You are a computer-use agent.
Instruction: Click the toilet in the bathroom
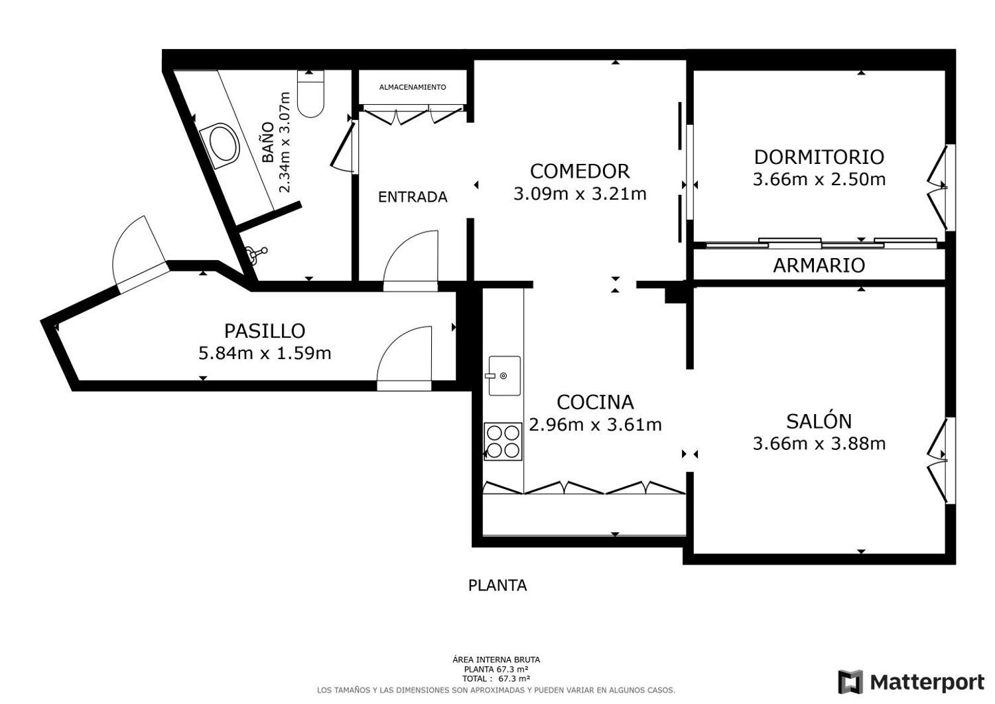point(311,94)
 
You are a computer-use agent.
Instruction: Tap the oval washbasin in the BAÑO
point(220,146)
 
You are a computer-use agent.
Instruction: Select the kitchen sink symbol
point(505,376)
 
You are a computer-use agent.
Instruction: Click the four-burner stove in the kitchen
point(503,441)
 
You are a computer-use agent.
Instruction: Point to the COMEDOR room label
point(580,171)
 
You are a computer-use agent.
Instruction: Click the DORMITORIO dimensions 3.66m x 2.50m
point(819,180)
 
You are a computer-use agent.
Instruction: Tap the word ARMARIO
point(819,265)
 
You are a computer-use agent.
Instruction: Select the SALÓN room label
point(819,421)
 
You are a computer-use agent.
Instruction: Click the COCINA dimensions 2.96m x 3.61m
point(595,425)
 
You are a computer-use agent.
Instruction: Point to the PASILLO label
point(265,330)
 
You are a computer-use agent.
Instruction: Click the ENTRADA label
point(413,197)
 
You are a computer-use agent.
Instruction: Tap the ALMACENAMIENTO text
point(413,87)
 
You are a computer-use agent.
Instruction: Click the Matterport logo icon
point(850,682)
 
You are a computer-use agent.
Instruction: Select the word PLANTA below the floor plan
point(497,585)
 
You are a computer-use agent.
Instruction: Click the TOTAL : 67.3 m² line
point(496,679)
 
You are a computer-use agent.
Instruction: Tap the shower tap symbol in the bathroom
point(256,253)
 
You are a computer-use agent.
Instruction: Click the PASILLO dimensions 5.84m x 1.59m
point(265,354)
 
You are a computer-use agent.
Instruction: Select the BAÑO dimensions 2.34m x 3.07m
point(285,142)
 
